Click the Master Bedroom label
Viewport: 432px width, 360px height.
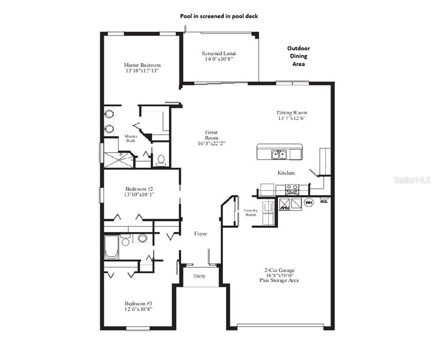click(x=142, y=65)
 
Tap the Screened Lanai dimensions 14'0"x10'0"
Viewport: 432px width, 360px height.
click(x=218, y=59)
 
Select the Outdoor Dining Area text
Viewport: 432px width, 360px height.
click(x=298, y=56)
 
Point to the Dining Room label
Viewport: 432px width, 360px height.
click(x=292, y=112)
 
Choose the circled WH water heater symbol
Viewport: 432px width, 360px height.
click(x=309, y=202)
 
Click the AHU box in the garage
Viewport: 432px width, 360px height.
click(x=285, y=204)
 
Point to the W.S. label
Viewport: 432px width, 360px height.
click(x=324, y=202)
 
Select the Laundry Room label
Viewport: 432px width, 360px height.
click(x=250, y=212)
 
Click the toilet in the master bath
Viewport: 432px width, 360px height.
click(x=160, y=160)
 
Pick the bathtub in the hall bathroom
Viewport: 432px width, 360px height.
click(x=111, y=247)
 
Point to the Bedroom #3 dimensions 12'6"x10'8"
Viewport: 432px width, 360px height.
click(x=139, y=309)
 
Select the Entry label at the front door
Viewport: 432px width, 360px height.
click(x=200, y=276)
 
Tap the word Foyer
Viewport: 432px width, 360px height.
click(x=201, y=233)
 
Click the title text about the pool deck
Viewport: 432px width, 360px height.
click(x=219, y=16)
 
